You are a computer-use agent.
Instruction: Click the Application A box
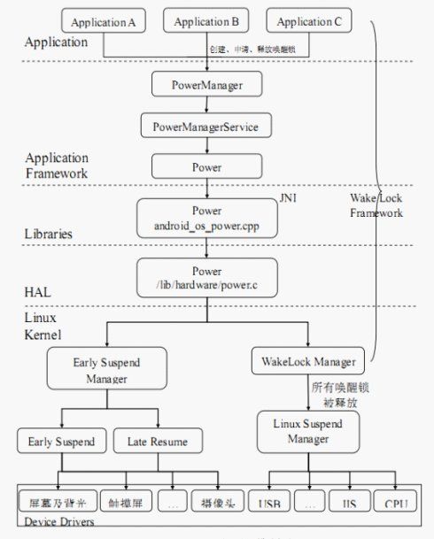click(x=102, y=22)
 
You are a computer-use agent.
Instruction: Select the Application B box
click(x=205, y=22)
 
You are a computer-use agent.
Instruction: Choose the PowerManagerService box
click(x=205, y=127)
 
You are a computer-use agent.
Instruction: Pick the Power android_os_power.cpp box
click(x=205, y=218)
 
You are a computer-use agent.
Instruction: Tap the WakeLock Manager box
click(x=309, y=362)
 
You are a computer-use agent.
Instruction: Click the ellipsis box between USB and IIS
click(x=310, y=504)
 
